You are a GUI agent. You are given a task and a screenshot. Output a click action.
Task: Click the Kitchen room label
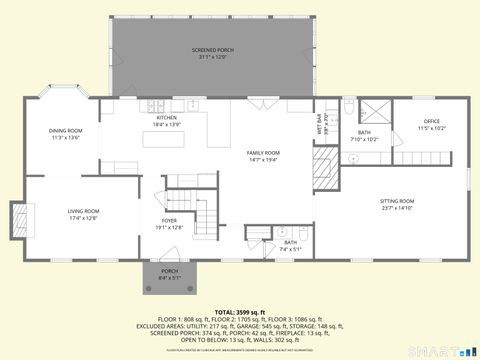tap(166, 121)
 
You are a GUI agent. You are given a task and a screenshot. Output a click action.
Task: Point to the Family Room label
tap(264, 155)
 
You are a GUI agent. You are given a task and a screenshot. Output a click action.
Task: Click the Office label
tap(431, 125)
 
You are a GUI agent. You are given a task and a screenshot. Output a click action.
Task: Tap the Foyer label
tap(169, 224)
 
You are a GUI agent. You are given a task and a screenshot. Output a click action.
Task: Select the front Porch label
tap(170, 274)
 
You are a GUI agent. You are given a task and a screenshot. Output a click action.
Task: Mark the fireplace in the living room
tap(20, 215)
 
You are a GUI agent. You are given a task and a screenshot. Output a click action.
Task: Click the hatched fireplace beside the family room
tap(325, 170)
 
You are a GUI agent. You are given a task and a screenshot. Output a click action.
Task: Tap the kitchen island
tap(160, 139)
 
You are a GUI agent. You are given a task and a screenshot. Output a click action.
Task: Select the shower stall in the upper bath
tap(377, 112)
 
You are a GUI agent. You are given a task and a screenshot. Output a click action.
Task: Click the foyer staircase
tap(204, 220)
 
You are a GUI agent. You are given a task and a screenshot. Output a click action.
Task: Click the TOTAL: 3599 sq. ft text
tap(240, 313)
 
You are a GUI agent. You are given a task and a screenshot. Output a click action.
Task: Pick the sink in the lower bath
tap(281, 230)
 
